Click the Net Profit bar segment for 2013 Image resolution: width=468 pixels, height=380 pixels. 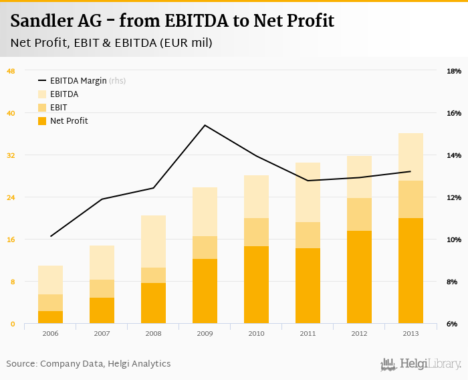pos(411,270)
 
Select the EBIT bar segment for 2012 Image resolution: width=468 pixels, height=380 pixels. pos(359,214)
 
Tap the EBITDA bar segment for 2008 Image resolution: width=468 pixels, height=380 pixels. pos(153,241)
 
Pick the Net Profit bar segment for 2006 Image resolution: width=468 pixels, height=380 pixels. pos(50,316)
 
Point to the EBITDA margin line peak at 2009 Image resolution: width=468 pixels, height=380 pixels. pos(205,125)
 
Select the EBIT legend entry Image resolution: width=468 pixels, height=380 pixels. pos(58,108)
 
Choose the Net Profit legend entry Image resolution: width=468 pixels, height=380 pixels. pos(69,121)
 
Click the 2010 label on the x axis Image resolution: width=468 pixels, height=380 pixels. pos(256,333)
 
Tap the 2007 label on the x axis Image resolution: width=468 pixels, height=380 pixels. pos(102,333)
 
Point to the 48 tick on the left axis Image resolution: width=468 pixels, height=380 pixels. pos(11,71)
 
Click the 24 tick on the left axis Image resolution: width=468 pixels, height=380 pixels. pos(11,197)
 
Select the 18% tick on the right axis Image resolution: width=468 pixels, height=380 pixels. pos(453,71)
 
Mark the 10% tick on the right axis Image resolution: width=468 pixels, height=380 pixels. pos(453,240)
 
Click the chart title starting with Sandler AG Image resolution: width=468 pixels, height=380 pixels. pos(172,21)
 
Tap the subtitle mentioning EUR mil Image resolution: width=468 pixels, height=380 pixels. pos(111,43)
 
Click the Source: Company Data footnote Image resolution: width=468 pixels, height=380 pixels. pos(88,364)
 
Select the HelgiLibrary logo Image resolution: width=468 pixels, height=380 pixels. pos(421,364)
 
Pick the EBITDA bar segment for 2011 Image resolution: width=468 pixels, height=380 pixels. pos(308,192)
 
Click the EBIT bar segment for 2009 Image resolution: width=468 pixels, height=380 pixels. pos(205,247)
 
